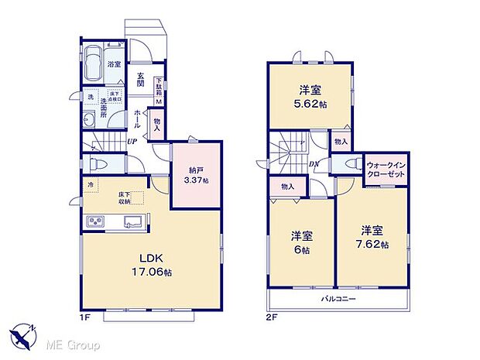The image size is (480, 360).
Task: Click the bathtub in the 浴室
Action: (94, 61)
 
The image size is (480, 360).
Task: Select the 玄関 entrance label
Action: (141, 79)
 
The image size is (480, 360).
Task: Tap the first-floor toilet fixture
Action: (96, 164)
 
